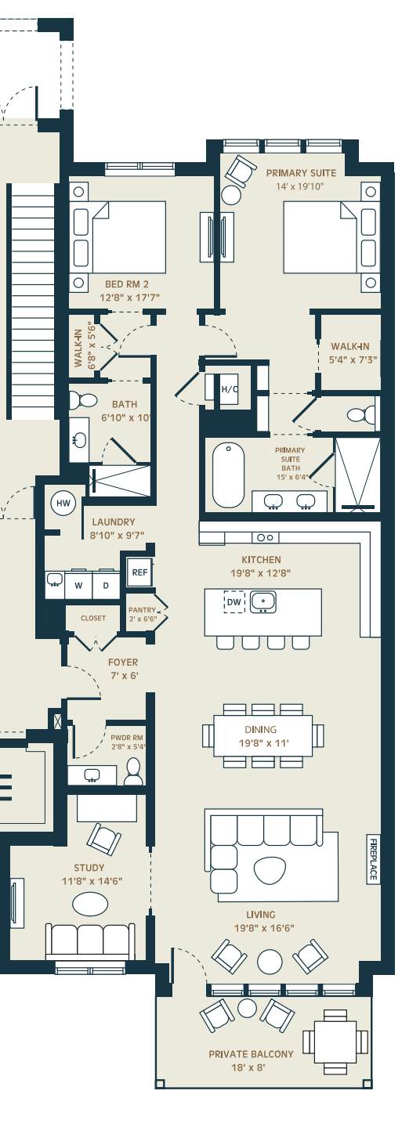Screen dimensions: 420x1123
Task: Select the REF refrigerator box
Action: click(139, 572)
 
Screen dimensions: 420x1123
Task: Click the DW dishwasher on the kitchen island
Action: click(234, 601)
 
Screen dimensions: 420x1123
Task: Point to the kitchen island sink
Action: click(263, 602)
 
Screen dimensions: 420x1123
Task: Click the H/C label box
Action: click(230, 389)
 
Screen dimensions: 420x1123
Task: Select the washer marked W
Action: click(78, 585)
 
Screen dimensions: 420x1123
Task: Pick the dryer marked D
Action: click(106, 585)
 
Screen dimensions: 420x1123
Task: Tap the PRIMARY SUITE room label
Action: click(301, 173)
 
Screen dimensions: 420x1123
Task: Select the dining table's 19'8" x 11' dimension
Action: click(264, 742)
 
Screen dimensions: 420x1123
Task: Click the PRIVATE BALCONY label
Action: click(251, 1054)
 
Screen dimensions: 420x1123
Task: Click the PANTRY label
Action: click(142, 610)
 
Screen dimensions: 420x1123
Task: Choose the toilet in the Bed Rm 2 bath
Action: click(82, 399)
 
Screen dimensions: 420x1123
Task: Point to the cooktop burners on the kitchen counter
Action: click(265, 537)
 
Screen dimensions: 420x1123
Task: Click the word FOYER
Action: click(123, 663)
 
